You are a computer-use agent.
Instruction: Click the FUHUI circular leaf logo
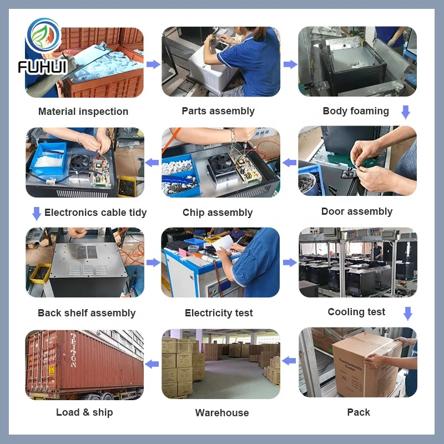click(43, 36)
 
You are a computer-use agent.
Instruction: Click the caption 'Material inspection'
click(83, 112)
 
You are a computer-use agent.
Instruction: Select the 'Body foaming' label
click(356, 111)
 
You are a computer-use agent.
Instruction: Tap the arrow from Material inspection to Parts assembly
click(153, 64)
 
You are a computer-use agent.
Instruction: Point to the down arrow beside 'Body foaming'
click(406, 112)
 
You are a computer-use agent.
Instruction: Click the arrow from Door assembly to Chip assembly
click(289, 163)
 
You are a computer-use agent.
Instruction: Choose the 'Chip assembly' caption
click(218, 213)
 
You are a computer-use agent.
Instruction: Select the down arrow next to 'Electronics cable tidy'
click(37, 214)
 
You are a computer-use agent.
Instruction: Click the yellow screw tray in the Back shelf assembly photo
click(41, 273)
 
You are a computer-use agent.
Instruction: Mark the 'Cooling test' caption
click(356, 312)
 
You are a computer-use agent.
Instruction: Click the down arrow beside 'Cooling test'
click(408, 314)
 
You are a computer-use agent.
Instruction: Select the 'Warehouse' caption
click(222, 412)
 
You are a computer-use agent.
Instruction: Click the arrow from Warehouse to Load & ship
click(152, 364)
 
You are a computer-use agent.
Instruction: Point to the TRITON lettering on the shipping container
click(73, 350)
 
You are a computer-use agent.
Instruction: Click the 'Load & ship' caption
click(84, 412)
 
